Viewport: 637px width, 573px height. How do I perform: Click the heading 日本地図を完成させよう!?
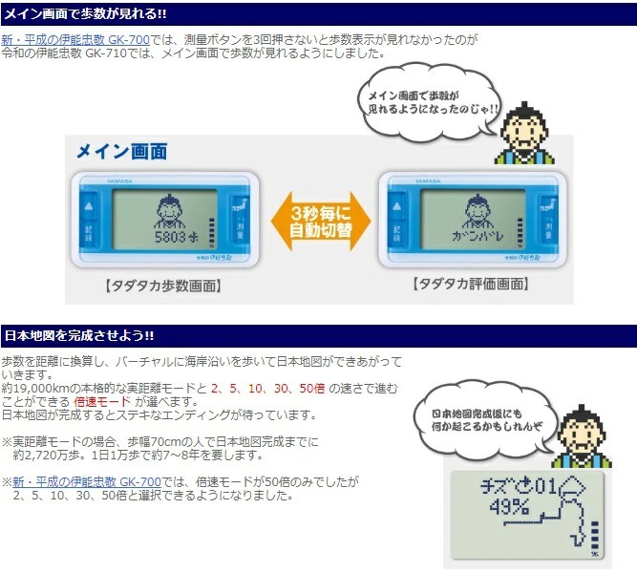pyautogui.click(x=79, y=336)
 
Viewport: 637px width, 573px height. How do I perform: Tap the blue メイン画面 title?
pyautogui.click(x=121, y=152)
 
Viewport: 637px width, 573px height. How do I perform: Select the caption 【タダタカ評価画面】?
pyautogui.click(x=470, y=285)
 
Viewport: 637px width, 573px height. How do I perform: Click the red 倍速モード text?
pyautogui.click(x=106, y=402)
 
